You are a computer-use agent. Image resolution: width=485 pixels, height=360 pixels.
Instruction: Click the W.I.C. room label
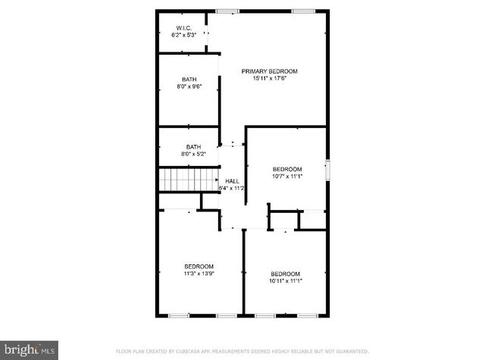coord(183,27)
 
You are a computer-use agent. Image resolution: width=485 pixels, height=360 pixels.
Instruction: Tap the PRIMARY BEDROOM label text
coord(270,71)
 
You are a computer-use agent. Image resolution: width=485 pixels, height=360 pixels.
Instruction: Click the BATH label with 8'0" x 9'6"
coord(189,80)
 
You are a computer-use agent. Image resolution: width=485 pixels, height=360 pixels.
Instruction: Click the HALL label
coord(232,180)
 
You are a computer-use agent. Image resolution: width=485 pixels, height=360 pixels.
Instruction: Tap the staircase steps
coord(188,180)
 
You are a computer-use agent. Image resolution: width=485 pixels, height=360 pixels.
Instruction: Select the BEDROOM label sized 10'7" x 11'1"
coord(287,169)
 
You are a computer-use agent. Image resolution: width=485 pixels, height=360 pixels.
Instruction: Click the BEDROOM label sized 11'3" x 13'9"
coord(199,266)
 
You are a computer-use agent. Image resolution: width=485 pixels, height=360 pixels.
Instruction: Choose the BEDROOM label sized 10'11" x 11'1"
coord(286,274)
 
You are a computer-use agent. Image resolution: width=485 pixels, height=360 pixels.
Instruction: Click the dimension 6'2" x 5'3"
coord(183,35)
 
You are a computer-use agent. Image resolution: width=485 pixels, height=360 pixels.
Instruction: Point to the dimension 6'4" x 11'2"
coord(232,188)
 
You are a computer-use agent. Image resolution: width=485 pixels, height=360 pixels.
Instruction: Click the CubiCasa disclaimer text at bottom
coord(242,352)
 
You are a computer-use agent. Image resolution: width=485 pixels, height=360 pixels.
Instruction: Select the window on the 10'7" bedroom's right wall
coord(327,170)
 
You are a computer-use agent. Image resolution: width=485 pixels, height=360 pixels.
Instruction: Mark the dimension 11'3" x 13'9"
coord(199,274)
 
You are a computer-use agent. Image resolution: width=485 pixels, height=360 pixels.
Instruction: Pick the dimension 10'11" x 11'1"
coord(286,281)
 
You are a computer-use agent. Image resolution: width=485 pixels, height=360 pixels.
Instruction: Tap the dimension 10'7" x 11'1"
coord(287,177)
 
